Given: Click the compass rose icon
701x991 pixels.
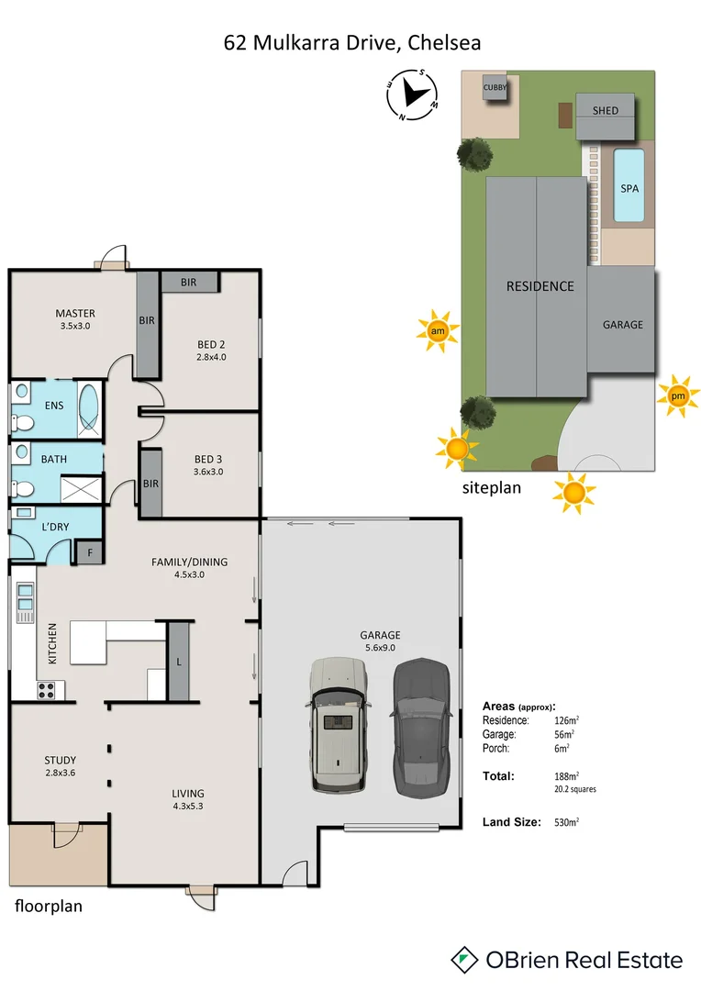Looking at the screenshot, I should click(411, 95).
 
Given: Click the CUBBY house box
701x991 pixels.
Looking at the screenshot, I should click(495, 87).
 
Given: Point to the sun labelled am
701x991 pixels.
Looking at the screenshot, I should click(437, 331).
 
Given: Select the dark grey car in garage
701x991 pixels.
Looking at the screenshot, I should click(421, 725).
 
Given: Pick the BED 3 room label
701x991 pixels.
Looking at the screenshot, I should click(208, 465).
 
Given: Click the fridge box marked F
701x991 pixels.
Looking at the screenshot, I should click(90, 552).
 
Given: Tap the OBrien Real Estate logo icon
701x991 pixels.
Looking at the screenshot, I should click(465, 960).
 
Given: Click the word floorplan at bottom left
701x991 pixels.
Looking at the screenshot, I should click(49, 906).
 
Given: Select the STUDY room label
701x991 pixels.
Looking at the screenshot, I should click(61, 765).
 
